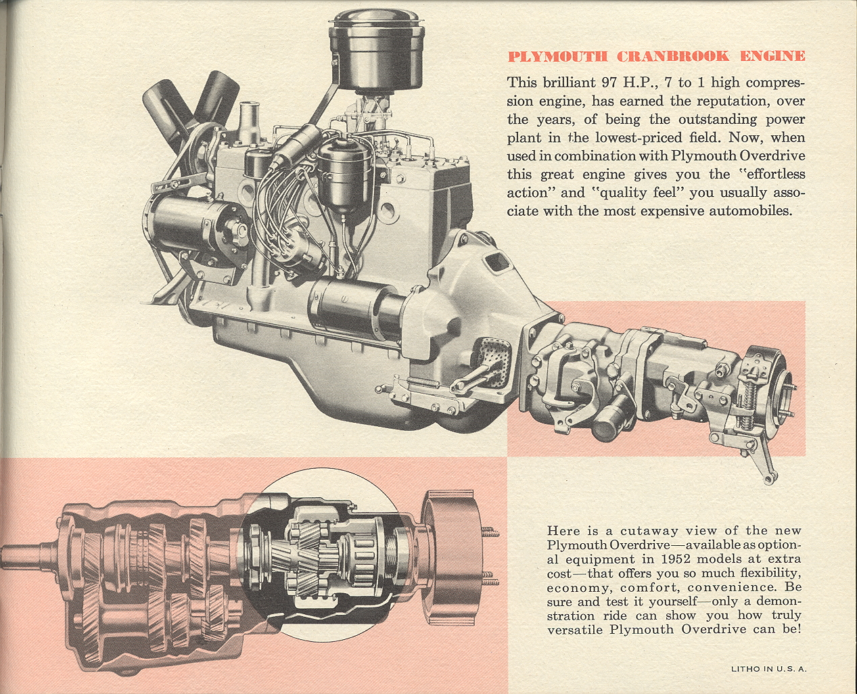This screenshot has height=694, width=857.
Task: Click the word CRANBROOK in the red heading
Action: pos(673,56)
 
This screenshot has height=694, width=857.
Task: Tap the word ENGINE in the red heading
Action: pos(772,56)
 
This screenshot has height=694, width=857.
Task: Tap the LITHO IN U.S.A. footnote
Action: pos(769,669)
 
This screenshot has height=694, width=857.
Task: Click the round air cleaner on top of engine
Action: pos(377,47)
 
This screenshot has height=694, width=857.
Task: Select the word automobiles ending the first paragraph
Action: pos(749,210)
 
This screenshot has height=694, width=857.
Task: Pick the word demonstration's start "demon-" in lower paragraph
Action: pos(779,601)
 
